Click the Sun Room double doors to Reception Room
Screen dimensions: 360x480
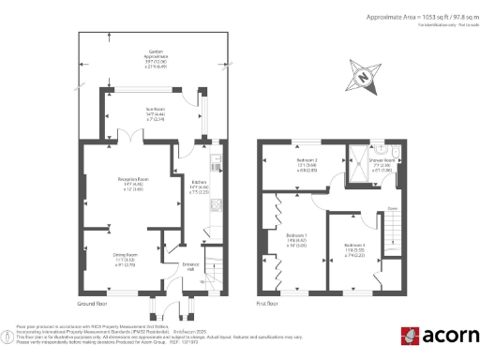click(138, 140)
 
